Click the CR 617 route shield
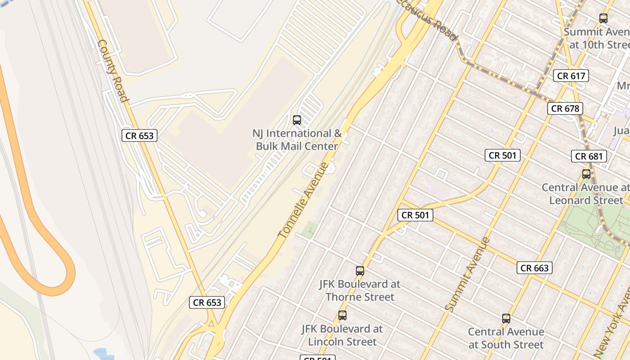click(x=571, y=76)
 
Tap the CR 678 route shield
click(x=565, y=108)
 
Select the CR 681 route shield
click(x=589, y=156)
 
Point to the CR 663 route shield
click(x=534, y=268)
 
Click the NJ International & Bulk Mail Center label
click(x=297, y=140)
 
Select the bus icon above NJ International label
click(x=297, y=120)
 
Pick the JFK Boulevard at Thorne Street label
click(x=360, y=291)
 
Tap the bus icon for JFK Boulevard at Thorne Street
click(x=360, y=270)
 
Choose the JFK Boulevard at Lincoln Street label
click(x=342, y=335)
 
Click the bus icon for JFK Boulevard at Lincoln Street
click(x=342, y=315)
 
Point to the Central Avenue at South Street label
click(x=506, y=338)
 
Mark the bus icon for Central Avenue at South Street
click(x=506, y=319)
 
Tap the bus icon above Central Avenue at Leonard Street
click(x=586, y=174)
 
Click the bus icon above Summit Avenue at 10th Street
click(x=603, y=18)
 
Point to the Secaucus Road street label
click(x=427, y=18)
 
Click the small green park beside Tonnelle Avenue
click(x=309, y=229)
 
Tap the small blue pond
click(x=103, y=354)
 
